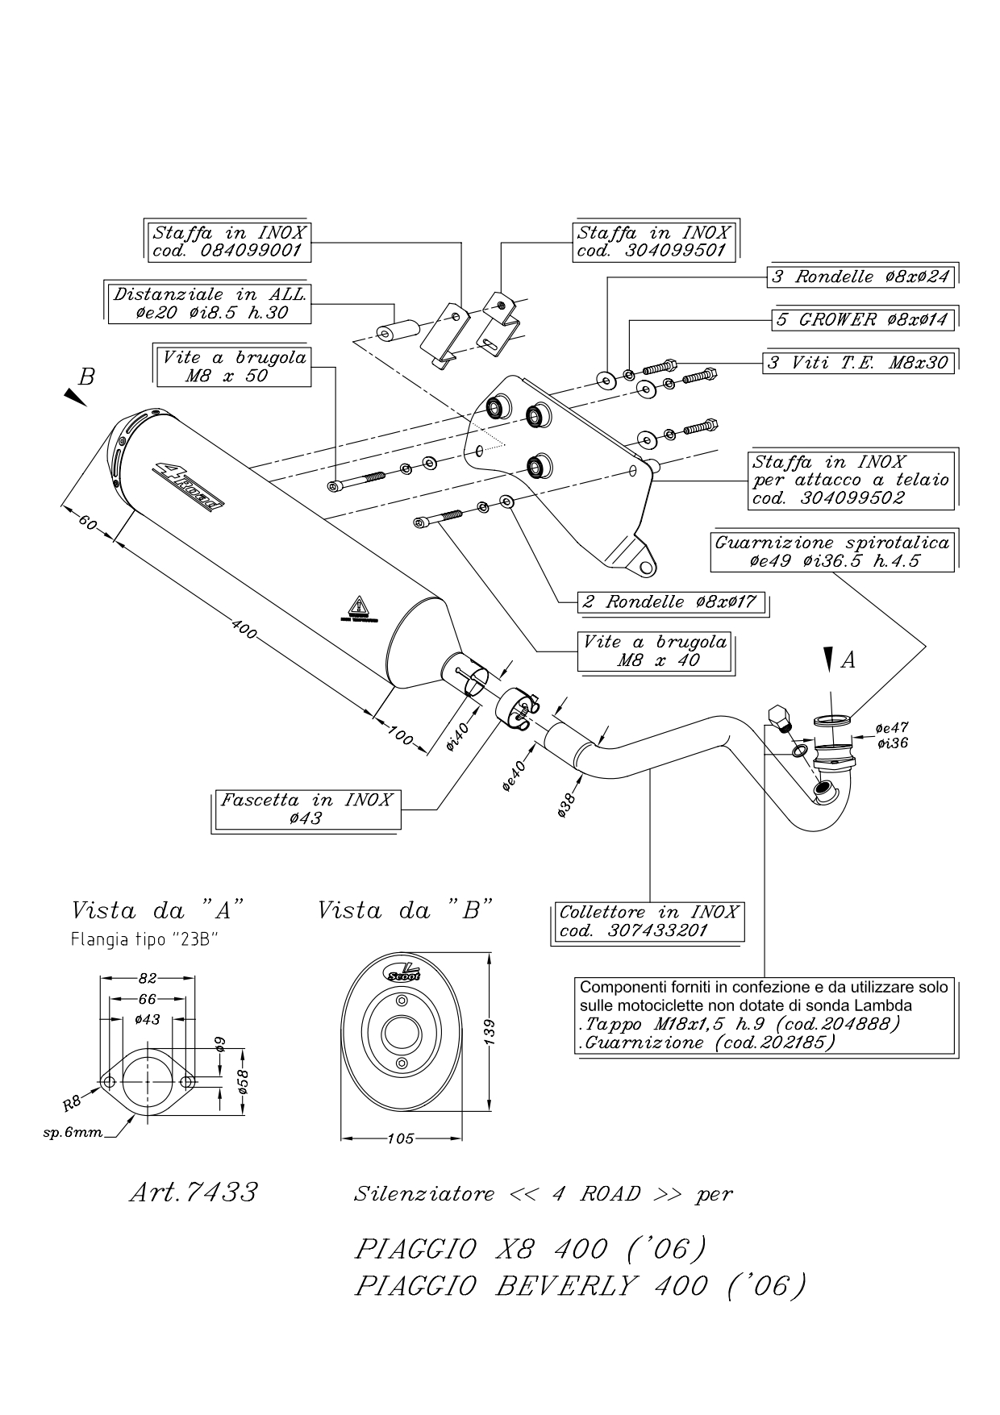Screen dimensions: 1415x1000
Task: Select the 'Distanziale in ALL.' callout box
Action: (209, 303)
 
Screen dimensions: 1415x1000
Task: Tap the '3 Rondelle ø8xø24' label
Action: (860, 277)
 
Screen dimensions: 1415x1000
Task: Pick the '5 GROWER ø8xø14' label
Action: (863, 320)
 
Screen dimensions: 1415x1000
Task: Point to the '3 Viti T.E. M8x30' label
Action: (858, 363)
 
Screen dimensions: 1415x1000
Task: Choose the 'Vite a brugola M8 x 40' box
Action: (656, 651)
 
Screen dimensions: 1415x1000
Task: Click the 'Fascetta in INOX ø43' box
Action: (306, 809)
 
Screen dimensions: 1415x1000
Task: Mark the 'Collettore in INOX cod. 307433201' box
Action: (649, 922)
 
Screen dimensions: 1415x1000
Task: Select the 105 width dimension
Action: (401, 1138)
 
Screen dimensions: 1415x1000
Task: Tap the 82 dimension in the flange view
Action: (147, 979)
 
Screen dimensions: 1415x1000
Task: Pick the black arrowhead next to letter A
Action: (829, 658)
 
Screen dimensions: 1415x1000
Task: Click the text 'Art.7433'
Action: (194, 1192)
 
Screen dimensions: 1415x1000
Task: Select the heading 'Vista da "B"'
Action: (405, 911)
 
